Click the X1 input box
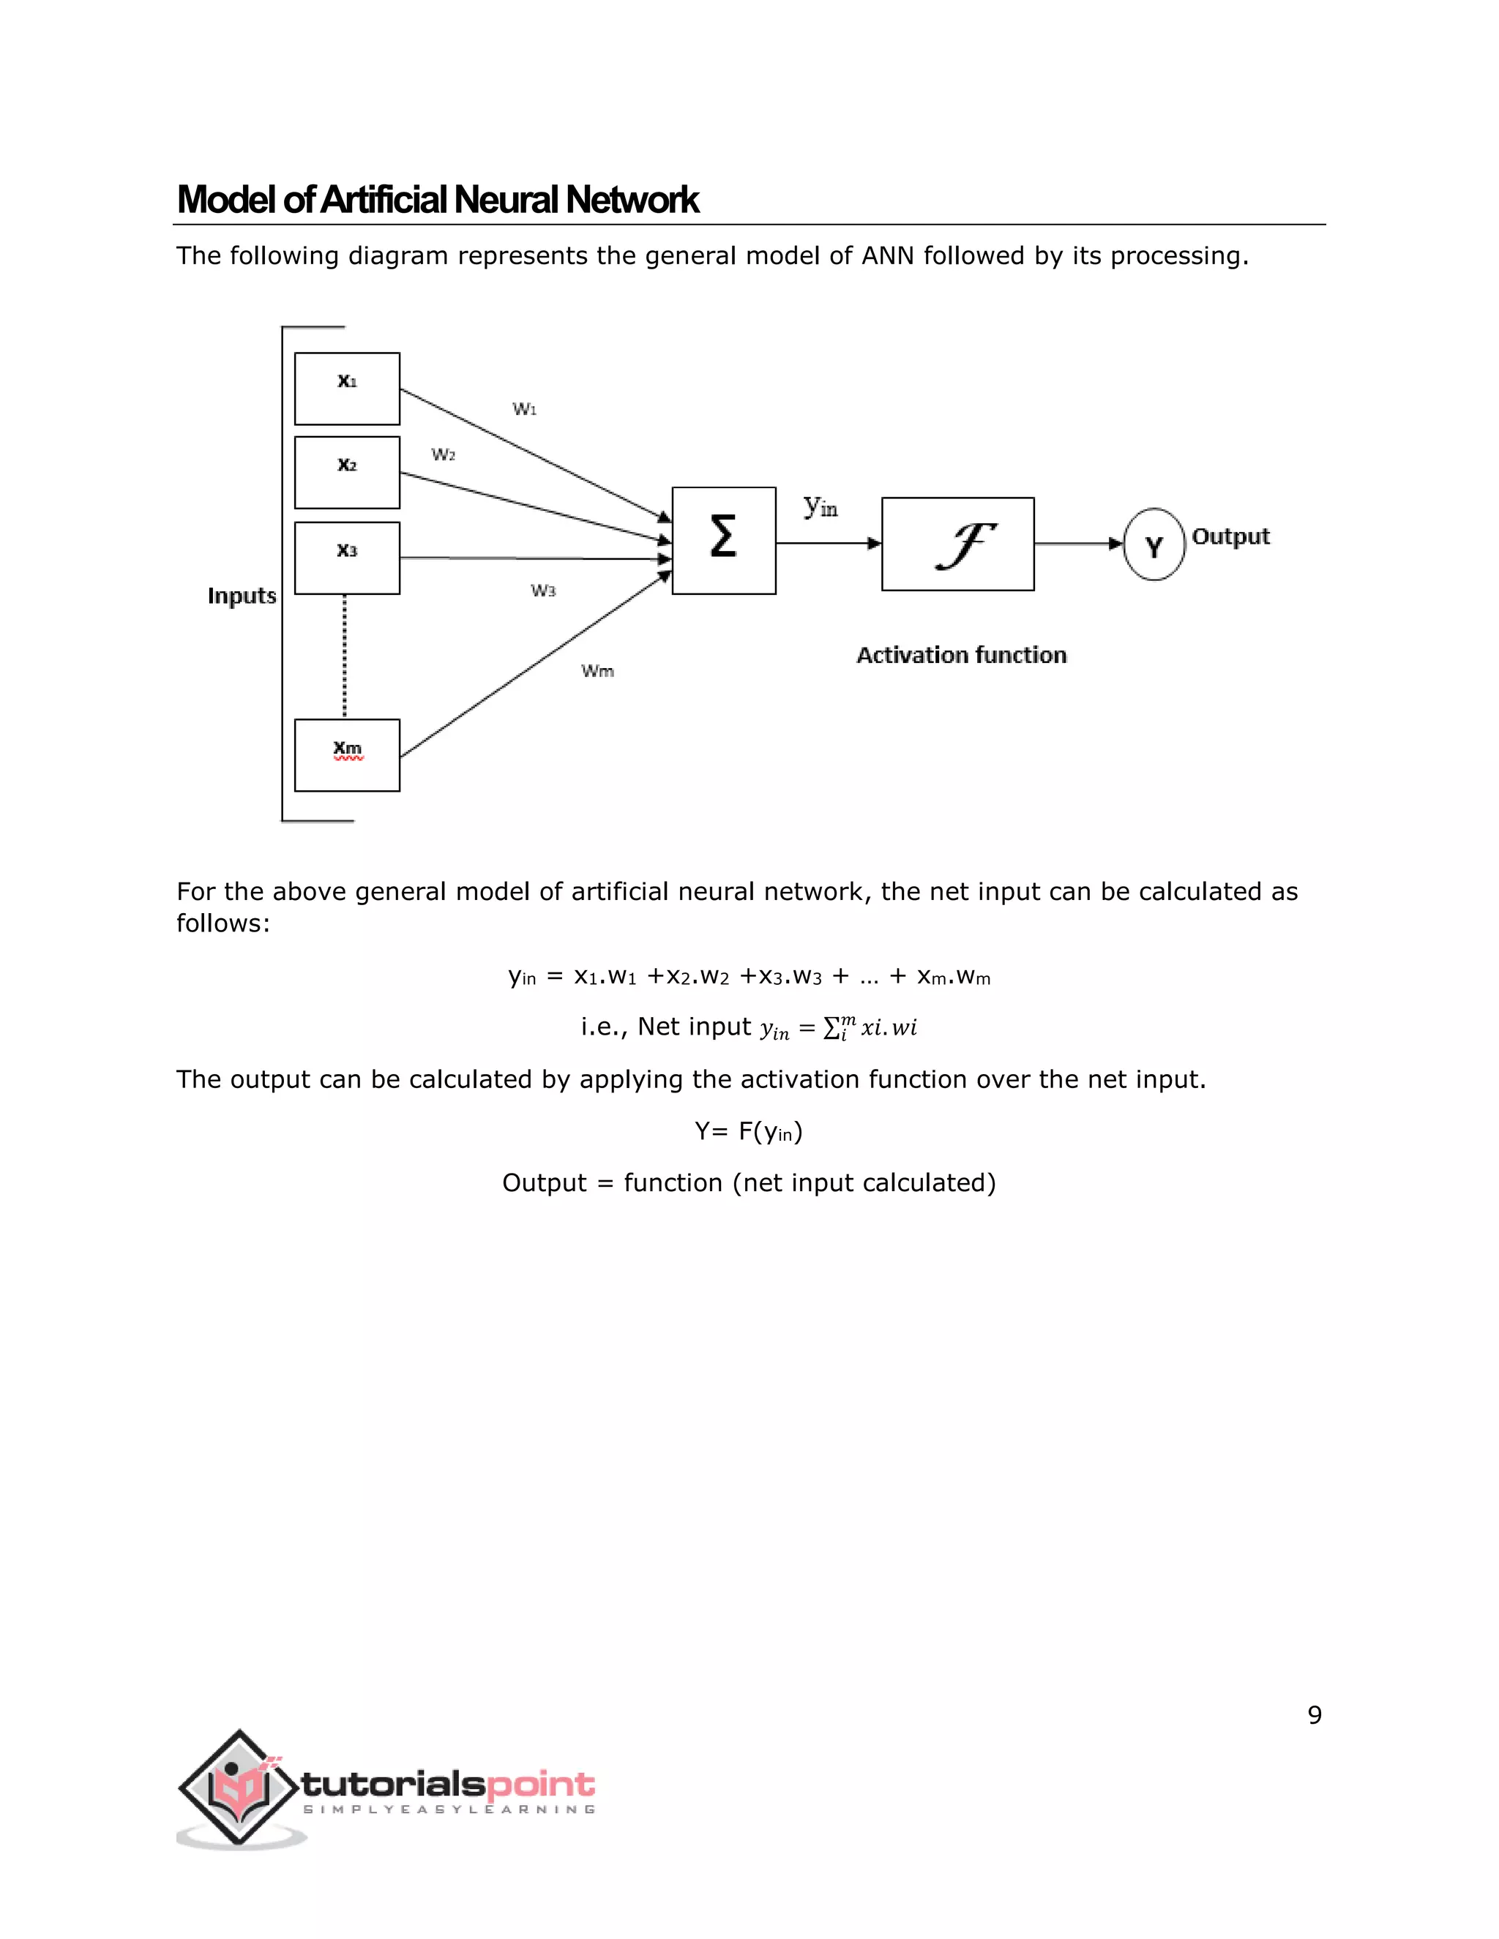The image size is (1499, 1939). tap(346, 389)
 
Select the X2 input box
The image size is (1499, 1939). tap(346, 473)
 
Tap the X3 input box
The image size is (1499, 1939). tap(346, 558)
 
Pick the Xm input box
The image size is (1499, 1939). tap(346, 754)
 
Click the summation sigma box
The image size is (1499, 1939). tap(724, 540)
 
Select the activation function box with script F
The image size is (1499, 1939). tap(957, 544)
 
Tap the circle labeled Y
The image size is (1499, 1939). tap(1154, 544)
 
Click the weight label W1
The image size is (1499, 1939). tap(524, 409)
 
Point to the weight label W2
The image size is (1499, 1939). tap(443, 454)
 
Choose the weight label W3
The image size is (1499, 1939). tap(542, 590)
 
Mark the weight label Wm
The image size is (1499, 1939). tap(598, 671)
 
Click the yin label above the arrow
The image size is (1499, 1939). tap(820, 507)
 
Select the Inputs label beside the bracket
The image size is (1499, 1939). tap(242, 596)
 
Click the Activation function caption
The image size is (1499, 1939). tap(961, 655)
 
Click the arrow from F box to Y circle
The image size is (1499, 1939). tap(1078, 544)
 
